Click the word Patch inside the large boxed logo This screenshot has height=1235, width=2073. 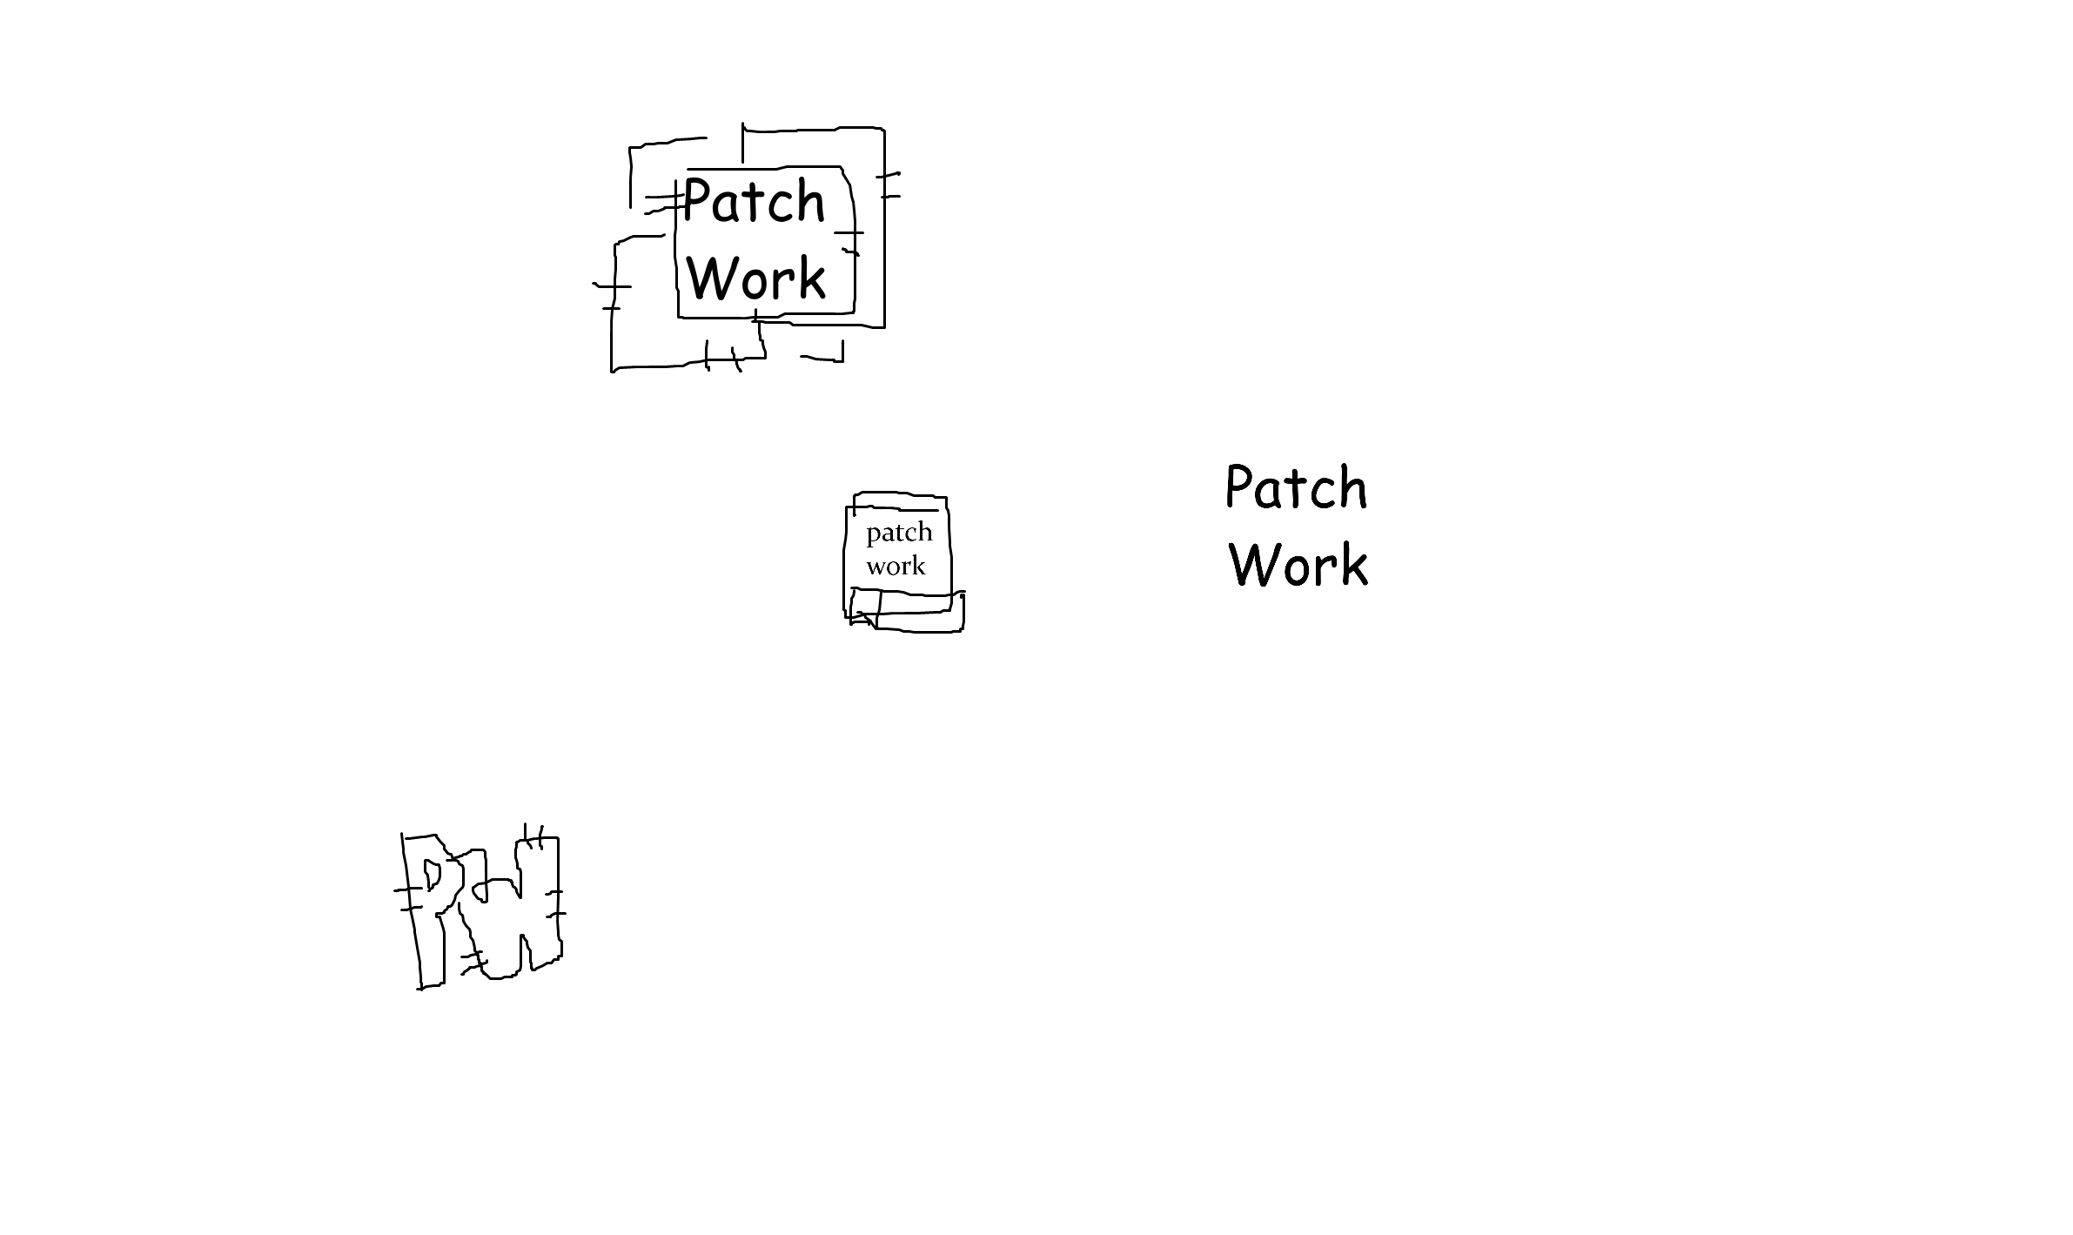[754, 202]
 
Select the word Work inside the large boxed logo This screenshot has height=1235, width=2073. [756, 279]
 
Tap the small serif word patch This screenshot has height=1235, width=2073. [899, 533]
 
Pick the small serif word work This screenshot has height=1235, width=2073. [896, 567]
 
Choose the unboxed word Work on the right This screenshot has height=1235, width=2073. [1298, 564]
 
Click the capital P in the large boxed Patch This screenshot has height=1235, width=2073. [695, 201]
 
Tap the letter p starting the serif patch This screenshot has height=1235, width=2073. [873, 534]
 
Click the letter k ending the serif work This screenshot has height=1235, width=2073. [917, 567]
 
